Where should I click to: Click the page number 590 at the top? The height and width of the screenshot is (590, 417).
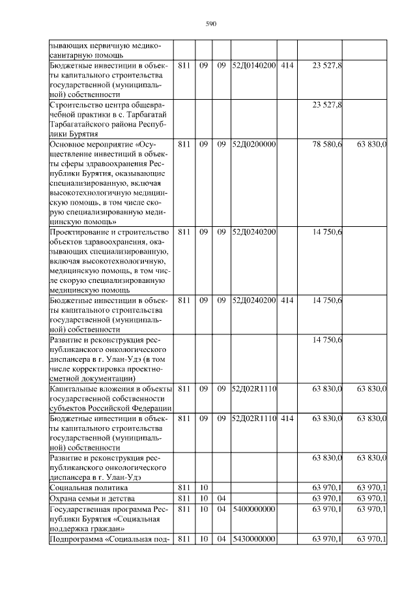point(210,24)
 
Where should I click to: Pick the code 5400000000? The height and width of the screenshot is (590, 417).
point(253,509)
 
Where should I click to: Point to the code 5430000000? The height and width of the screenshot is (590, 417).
point(253,539)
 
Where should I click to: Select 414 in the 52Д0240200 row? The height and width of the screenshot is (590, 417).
point(287,301)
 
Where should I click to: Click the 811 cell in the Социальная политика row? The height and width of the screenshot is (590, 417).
point(184,488)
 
